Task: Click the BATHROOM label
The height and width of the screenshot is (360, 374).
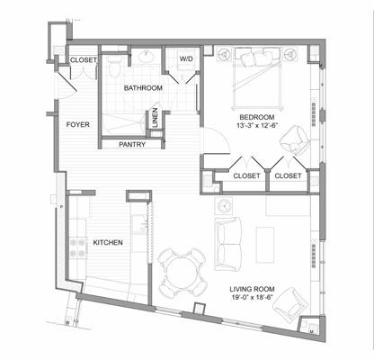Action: [143, 88]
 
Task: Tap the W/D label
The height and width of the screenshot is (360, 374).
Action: [186, 59]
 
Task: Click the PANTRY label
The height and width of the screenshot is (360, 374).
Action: [133, 143]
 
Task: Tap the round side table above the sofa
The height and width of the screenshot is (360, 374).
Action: [226, 204]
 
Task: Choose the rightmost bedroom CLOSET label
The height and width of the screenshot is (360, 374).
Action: [289, 175]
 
